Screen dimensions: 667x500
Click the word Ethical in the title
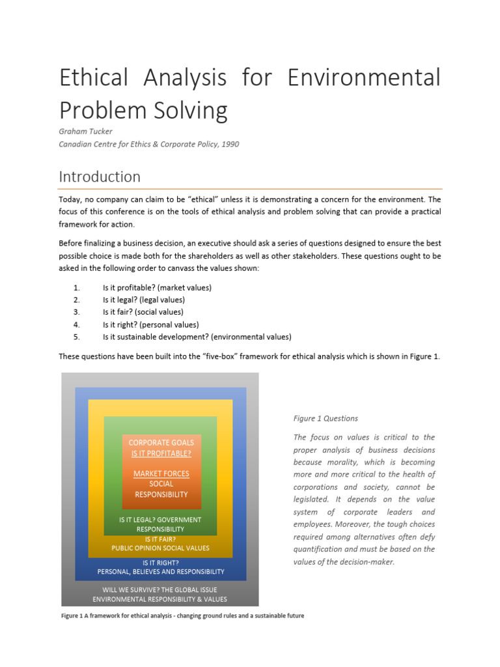[96, 78]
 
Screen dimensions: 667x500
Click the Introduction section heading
[100, 177]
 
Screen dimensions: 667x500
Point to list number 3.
[76, 312]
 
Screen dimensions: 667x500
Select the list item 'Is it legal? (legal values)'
[143, 300]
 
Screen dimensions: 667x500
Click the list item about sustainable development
[197, 337]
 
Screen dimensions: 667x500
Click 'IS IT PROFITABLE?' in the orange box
[161, 453]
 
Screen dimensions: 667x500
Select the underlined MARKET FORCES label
[161, 474]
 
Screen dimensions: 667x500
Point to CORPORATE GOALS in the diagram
[161, 442]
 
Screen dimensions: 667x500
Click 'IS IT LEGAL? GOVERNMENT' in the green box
[160, 520]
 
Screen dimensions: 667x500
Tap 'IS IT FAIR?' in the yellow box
[160, 539]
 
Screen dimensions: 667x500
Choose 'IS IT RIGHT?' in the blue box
[160, 562]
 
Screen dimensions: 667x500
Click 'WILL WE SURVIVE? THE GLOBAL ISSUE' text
[160, 589]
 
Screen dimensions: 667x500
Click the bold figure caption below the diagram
[182, 616]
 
